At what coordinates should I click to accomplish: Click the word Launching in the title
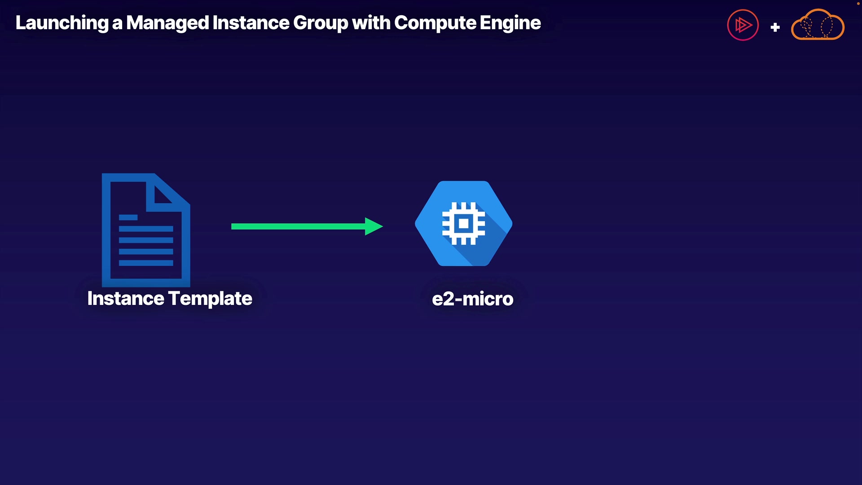point(62,23)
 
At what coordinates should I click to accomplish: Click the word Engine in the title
point(510,23)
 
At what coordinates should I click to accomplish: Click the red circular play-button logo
point(743,25)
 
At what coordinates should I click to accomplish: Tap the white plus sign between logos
point(775,27)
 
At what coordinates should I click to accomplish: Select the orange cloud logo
point(818,25)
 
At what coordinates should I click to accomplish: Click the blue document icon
point(146,230)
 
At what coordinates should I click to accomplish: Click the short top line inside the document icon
point(128,217)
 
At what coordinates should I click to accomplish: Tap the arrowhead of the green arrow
point(374,226)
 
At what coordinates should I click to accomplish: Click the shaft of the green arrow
point(299,226)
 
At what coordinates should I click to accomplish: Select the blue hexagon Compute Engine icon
point(464,224)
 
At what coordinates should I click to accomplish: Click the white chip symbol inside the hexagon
point(464,224)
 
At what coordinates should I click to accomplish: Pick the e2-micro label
point(473,299)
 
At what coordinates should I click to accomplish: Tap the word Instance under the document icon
point(126,299)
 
